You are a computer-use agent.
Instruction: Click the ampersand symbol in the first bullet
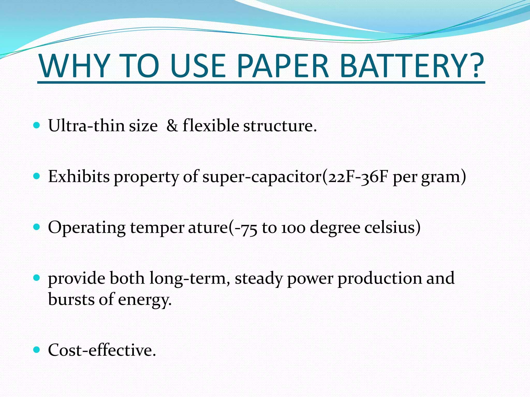click(x=172, y=126)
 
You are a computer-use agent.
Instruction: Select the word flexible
click(x=211, y=126)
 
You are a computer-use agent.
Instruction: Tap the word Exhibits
click(x=79, y=177)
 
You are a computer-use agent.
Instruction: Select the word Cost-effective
click(x=102, y=350)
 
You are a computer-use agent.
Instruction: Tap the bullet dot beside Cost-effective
click(x=37, y=350)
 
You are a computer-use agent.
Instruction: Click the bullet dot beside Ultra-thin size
click(x=37, y=126)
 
